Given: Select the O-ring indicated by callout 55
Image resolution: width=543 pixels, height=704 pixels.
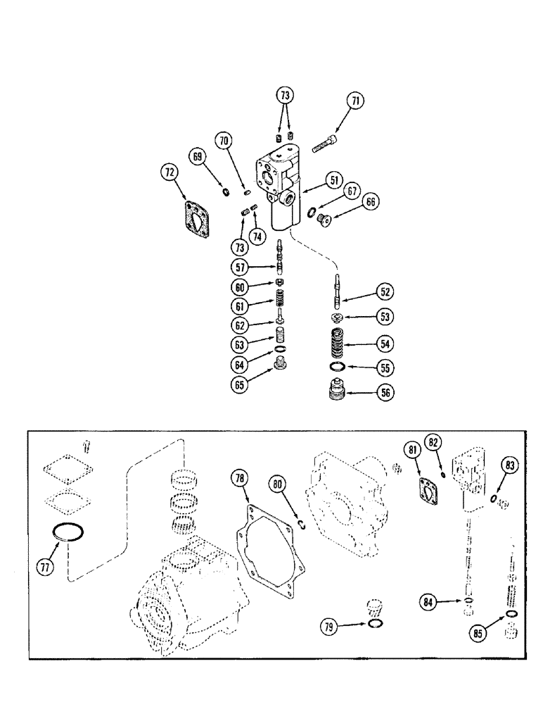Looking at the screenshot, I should pos(338,367).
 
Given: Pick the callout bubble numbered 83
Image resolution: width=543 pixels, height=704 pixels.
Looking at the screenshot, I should pos(509,465).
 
